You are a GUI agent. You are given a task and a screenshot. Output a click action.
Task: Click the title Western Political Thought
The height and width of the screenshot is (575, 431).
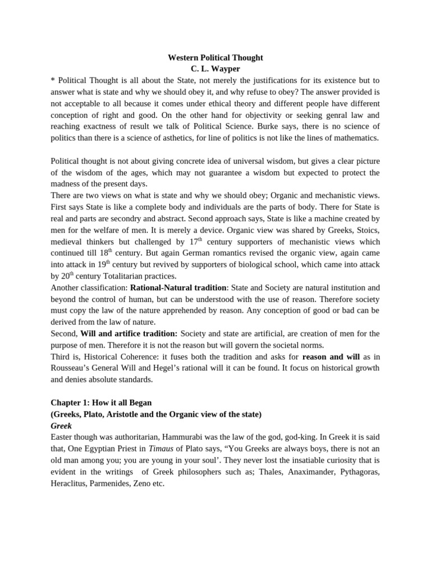tap(215, 58)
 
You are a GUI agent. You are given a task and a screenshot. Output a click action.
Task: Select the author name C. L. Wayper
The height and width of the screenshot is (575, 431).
tap(215, 69)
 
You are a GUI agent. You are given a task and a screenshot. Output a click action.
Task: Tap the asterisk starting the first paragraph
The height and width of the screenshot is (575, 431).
tap(53, 80)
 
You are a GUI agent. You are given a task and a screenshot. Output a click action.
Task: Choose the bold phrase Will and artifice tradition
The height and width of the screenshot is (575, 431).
tap(129, 334)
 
